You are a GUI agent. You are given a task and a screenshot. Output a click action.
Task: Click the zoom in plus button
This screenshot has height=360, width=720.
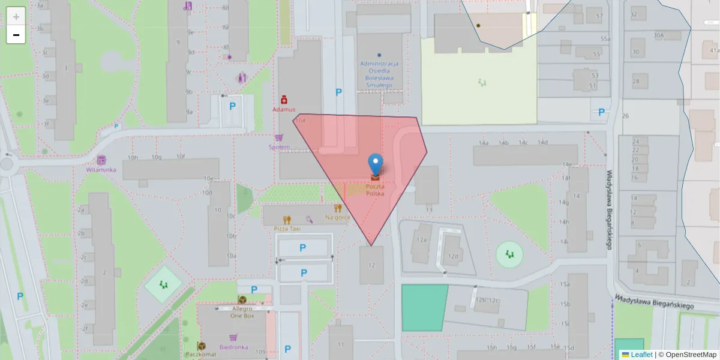[16, 16]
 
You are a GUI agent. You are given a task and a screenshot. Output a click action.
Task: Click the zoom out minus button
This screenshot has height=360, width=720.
[16, 35]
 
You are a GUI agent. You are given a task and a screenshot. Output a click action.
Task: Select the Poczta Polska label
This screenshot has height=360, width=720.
[376, 190]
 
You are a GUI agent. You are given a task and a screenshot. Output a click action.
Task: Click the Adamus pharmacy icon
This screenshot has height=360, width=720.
[284, 100]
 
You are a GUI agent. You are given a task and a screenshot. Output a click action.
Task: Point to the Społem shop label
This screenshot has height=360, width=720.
[280, 147]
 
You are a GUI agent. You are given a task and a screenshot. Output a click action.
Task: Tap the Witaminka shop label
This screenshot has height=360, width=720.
[101, 170]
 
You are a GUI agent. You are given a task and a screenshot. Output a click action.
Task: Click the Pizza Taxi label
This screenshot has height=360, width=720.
[287, 229]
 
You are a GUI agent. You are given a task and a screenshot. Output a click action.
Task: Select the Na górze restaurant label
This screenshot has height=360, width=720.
[337, 217]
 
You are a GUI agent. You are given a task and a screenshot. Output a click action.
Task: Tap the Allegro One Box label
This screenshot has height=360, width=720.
[242, 312]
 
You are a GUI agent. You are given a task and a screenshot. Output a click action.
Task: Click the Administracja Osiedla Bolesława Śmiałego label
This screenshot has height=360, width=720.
[379, 74]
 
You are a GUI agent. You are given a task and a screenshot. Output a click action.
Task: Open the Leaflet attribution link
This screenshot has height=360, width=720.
[641, 355]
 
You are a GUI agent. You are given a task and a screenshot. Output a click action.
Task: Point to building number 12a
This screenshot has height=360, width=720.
[422, 240]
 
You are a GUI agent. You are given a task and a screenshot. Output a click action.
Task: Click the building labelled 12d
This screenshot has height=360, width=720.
[453, 256]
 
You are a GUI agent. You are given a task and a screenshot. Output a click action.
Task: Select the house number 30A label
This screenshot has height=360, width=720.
[659, 35]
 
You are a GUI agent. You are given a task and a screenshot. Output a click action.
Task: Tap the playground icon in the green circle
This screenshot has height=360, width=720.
[509, 254]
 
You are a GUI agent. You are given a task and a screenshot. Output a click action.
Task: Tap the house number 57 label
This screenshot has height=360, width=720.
[599, 16]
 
